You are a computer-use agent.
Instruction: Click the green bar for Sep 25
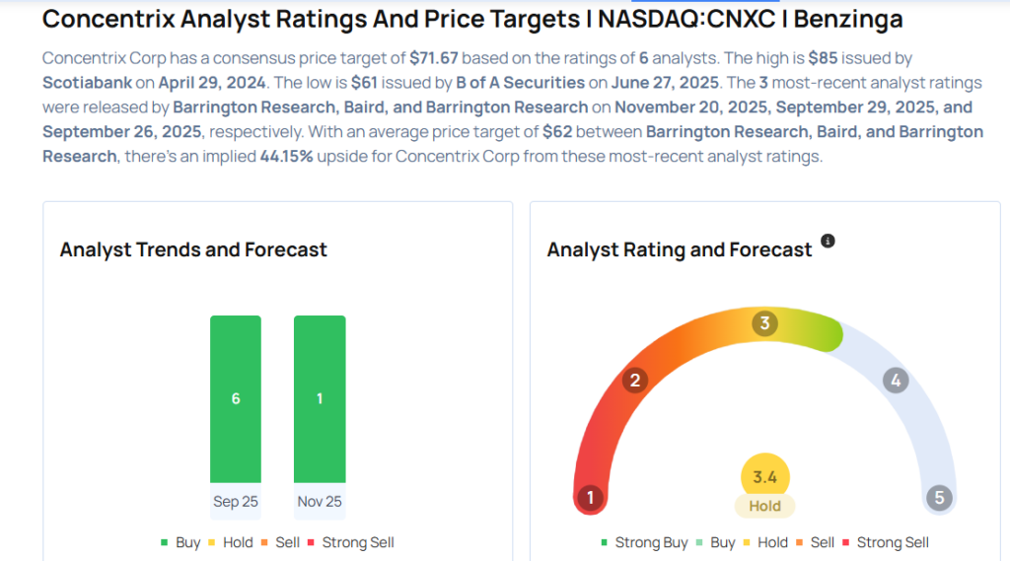pos(236,398)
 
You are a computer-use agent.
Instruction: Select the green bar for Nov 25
pos(320,398)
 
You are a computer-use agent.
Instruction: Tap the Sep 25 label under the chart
pos(236,502)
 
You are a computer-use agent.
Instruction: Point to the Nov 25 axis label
pos(320,502)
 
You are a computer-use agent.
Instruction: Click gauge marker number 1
pos(590,498)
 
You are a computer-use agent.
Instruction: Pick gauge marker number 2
pos(635,381)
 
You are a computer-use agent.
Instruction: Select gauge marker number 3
pos(763,323)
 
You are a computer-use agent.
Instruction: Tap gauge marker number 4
pos(895,381)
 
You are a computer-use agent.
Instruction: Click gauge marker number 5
pos(939,498)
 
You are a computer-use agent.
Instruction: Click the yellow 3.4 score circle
pos(764,477)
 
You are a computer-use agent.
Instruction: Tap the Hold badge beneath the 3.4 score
pos(764,506)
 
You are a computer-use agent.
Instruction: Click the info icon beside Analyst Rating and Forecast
pos(829,241)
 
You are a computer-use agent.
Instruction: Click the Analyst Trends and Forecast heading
pos(193,249)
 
